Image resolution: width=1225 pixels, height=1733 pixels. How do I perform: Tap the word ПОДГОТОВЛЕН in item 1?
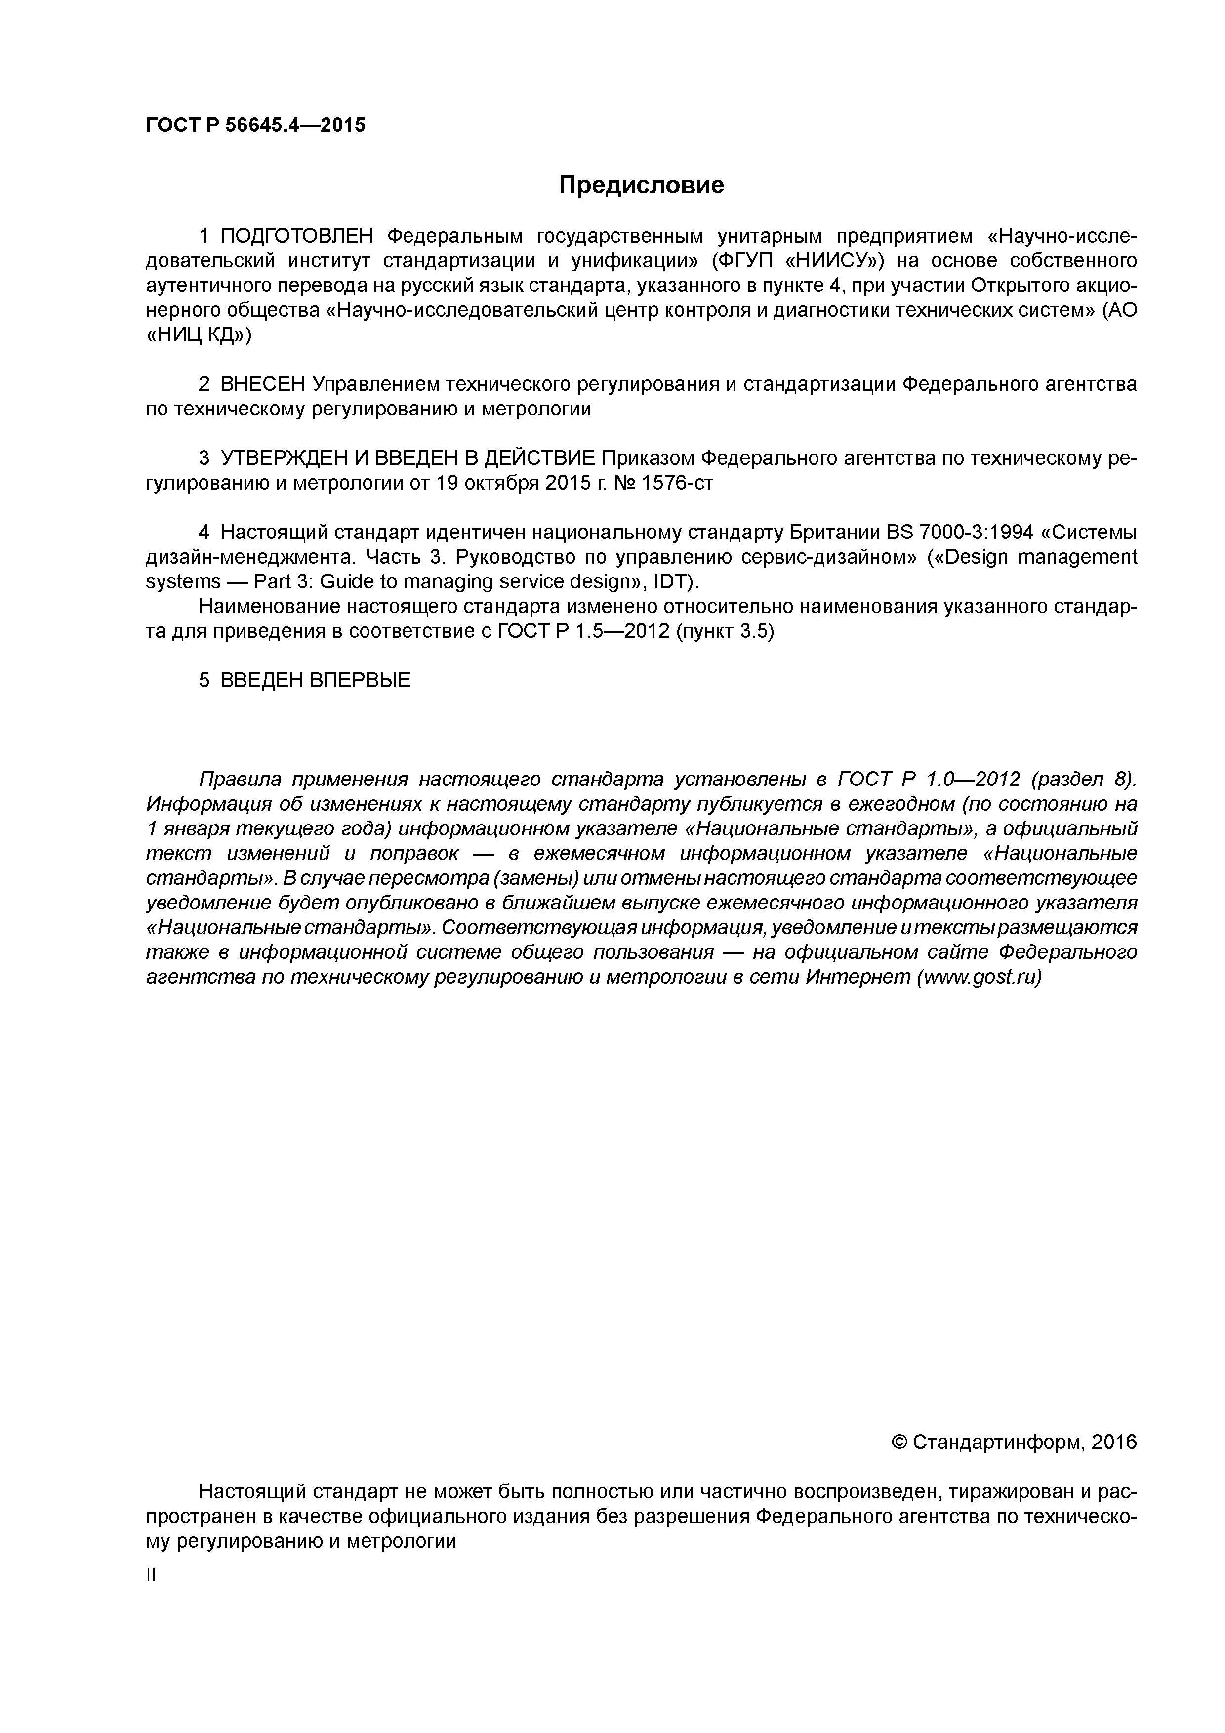pos(296,236)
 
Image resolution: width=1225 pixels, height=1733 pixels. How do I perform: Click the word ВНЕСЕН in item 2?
pos(263,384)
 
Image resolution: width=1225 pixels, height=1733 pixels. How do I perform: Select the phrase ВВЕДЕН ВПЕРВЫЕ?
pos(316,681)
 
